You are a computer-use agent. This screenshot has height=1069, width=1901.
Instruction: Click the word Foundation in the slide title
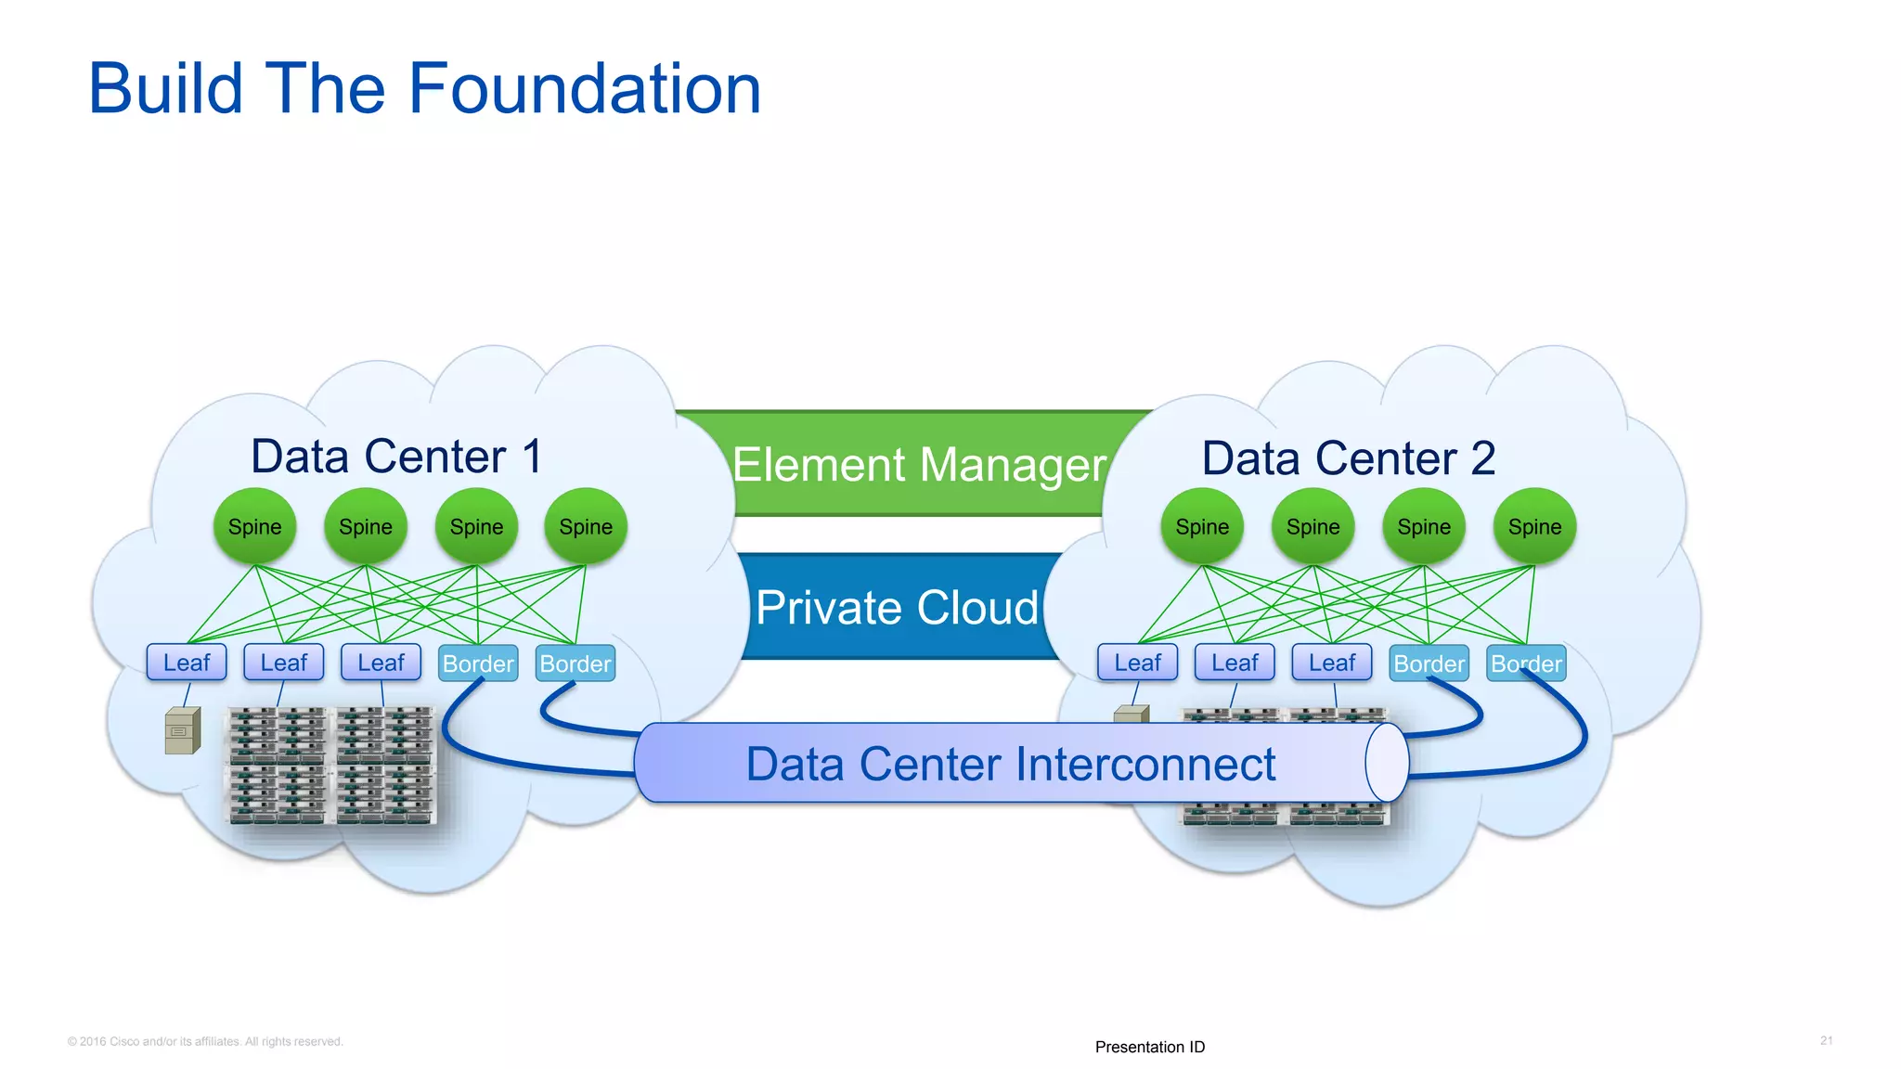click(585, 89)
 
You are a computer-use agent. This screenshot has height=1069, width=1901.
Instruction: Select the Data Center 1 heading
click(396, 457)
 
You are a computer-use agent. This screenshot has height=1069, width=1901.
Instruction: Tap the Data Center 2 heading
click(1348, 458)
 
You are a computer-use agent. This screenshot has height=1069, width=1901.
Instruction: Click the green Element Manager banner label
click(919, 464)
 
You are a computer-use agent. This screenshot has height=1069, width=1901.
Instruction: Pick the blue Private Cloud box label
click(897, 608)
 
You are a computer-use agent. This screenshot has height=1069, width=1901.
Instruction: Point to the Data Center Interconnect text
click(1010, 765)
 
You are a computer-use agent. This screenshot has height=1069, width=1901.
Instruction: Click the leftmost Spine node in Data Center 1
click(254, 527)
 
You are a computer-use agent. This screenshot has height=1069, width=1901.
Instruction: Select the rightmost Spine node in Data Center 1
click(586, 527)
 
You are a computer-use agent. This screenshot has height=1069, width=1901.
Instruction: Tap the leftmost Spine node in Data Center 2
click(1202, 527)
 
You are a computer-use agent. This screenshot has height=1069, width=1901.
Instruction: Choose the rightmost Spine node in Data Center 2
click(1534, 527)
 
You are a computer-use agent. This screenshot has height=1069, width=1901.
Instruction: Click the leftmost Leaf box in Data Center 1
click(187, 663)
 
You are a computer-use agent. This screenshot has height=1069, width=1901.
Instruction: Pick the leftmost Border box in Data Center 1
click(478, 663)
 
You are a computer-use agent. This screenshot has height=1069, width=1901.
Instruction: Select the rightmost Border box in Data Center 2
click(1526, 663)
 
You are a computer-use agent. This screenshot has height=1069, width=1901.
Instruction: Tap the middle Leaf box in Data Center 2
click(1235, 663)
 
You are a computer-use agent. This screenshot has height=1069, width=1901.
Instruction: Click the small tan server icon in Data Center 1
click(182, 730)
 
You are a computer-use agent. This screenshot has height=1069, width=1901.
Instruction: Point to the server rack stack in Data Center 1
click(331, 766)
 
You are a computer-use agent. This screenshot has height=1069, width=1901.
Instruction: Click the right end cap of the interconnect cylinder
click(1387, 763)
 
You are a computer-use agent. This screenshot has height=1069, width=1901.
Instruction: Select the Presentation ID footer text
click(1149, 1047)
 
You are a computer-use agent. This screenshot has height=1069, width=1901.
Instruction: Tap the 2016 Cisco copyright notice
click(205, 1041)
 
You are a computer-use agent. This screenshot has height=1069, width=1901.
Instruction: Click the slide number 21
click(1826, 1040)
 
